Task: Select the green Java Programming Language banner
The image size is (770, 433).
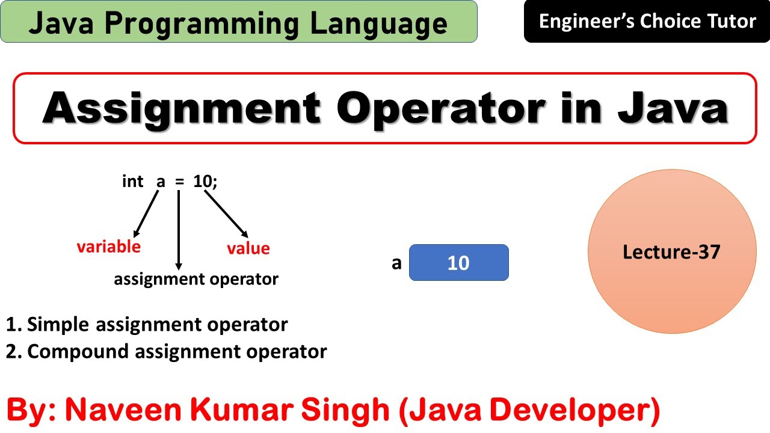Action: (x=238, y=22)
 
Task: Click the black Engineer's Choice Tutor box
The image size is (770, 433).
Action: (x=647, y=22)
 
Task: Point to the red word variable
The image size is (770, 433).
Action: (x=108, y=247)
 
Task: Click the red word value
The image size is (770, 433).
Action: (x=248, y=248)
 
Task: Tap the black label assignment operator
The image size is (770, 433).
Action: (x=196, y=279)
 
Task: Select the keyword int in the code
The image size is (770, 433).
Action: (x=132, y=182)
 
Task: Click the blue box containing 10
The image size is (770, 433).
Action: (x=458, y=263)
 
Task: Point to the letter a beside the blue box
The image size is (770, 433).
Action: (x=396, y=263)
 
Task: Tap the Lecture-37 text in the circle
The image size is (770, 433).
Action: (x=671, y=251)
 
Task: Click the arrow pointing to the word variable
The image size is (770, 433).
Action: (x=146, y=213)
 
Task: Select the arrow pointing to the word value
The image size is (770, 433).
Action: (x=226, y=213)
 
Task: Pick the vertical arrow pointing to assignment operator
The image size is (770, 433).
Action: (x=179, y=229)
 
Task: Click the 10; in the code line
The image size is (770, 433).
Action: (x=205, y=182)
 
